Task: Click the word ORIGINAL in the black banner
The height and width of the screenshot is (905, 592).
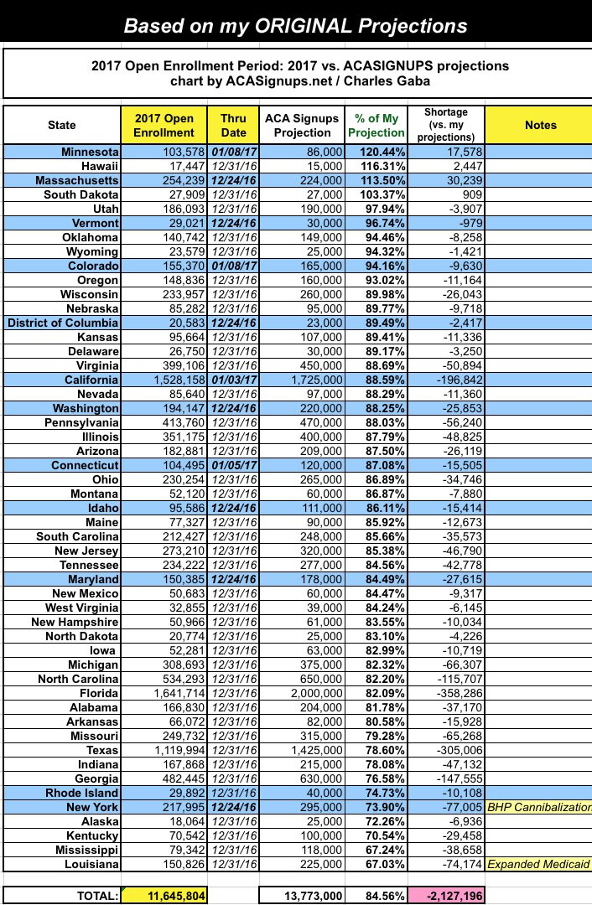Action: (314, 26)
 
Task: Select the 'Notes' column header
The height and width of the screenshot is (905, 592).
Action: (540, 125)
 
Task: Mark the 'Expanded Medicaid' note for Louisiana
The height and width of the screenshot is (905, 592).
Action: (539, 864)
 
